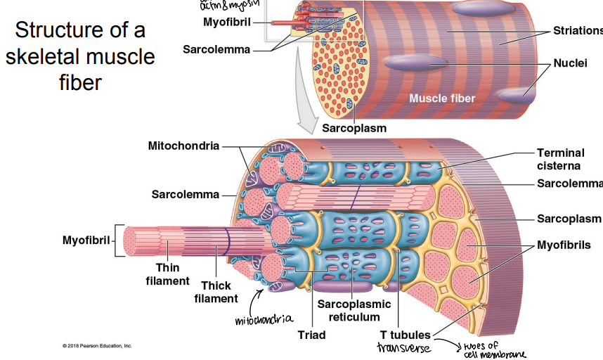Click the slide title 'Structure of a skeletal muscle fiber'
pos(80,57)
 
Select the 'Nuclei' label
pos(570,63)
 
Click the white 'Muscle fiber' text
pos(442,98)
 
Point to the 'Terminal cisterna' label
pos(559,159)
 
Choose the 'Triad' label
pos(311,335)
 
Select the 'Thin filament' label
pos(168,274)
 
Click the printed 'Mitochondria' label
pos(183,146)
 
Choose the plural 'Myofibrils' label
pos(564,245)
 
